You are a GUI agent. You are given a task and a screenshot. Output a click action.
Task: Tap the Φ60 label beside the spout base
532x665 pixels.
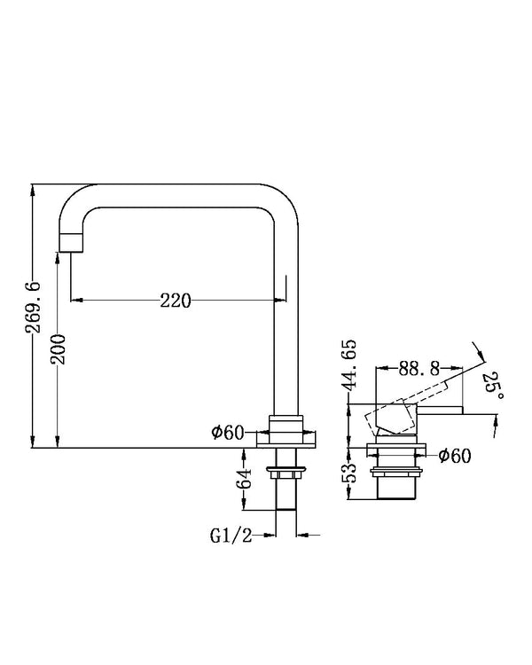click(x=229, y=432)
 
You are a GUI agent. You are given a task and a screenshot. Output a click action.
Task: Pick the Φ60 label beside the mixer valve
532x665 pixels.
click(x=455, y=456)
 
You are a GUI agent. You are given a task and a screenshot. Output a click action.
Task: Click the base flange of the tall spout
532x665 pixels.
click(x=286, y=438)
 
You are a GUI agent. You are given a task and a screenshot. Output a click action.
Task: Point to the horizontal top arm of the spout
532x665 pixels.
click(x=177, y=197)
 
